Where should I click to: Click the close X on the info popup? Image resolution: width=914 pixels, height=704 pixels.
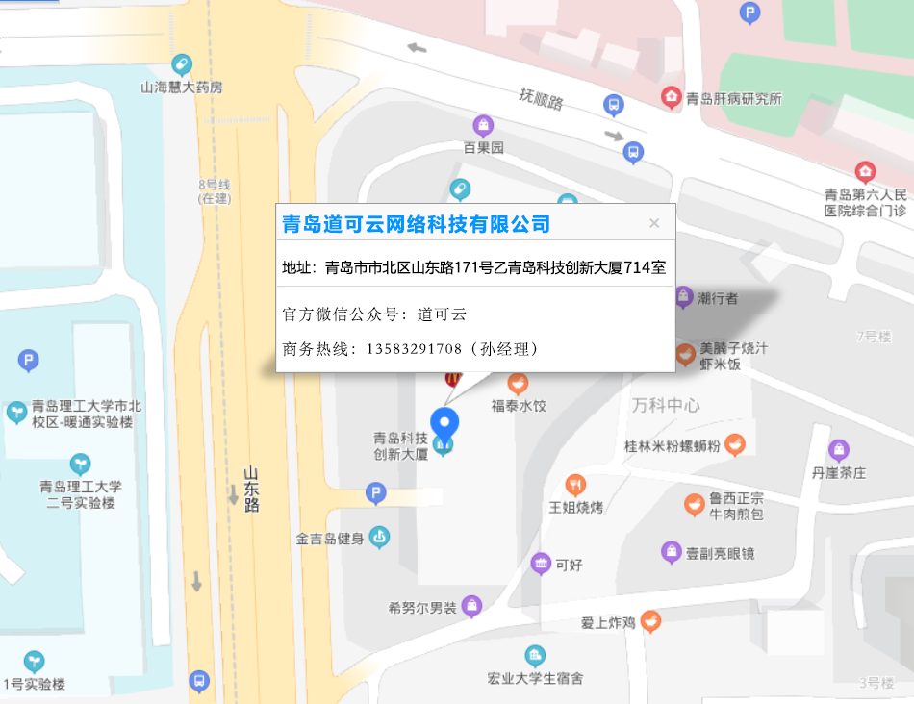(654, 223)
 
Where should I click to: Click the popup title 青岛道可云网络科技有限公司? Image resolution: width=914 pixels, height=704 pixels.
(416, 224)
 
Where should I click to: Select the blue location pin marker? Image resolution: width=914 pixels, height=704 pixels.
(444, 423)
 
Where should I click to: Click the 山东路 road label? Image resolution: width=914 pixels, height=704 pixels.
(251, 489)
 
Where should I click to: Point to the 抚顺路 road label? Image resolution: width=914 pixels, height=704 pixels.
(541, 97)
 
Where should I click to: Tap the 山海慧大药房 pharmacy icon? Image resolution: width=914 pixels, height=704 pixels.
(181, 65)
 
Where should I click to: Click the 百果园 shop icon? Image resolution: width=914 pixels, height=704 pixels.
(483, 126)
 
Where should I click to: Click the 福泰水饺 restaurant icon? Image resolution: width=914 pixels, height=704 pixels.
(518, 384)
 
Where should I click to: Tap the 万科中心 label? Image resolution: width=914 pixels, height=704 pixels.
(666, 405)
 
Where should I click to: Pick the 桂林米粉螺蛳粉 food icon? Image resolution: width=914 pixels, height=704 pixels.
(735, 444)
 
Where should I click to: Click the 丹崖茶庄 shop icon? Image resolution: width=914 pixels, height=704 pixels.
(839, 450)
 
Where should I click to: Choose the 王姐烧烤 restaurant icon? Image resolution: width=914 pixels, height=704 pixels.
(576, 485)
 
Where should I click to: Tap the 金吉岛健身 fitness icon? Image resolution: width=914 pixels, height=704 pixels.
(380, 537)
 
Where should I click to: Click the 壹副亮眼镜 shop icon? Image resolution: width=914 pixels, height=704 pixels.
(672, 552)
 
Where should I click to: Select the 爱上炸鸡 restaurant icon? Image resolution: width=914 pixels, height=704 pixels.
(651, 621)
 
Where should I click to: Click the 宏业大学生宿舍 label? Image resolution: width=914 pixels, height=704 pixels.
(535, 678)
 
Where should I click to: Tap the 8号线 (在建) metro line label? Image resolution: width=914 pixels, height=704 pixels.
(214, 191)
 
